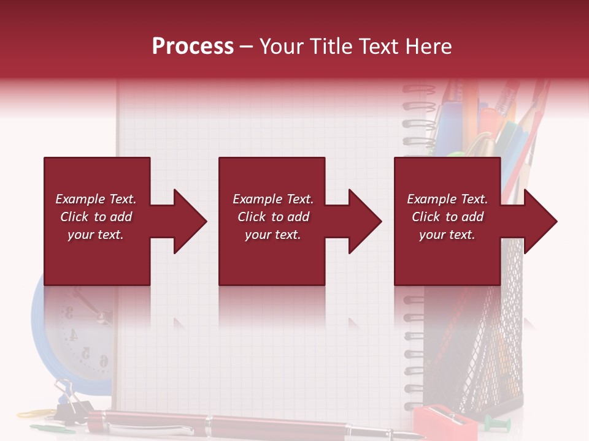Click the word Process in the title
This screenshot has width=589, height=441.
click(x=193, y=47)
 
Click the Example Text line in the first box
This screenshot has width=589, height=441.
click(x=96, y=199)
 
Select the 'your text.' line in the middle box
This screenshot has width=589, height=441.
click(x=272, y=235)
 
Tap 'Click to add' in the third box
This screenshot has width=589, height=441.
click(x=447, y=217)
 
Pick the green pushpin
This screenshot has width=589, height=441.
click(x=495, y=423)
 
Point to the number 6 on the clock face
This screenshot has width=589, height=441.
click(x=104, y=361)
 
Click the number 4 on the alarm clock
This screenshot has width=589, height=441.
click(x=73, y=334)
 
